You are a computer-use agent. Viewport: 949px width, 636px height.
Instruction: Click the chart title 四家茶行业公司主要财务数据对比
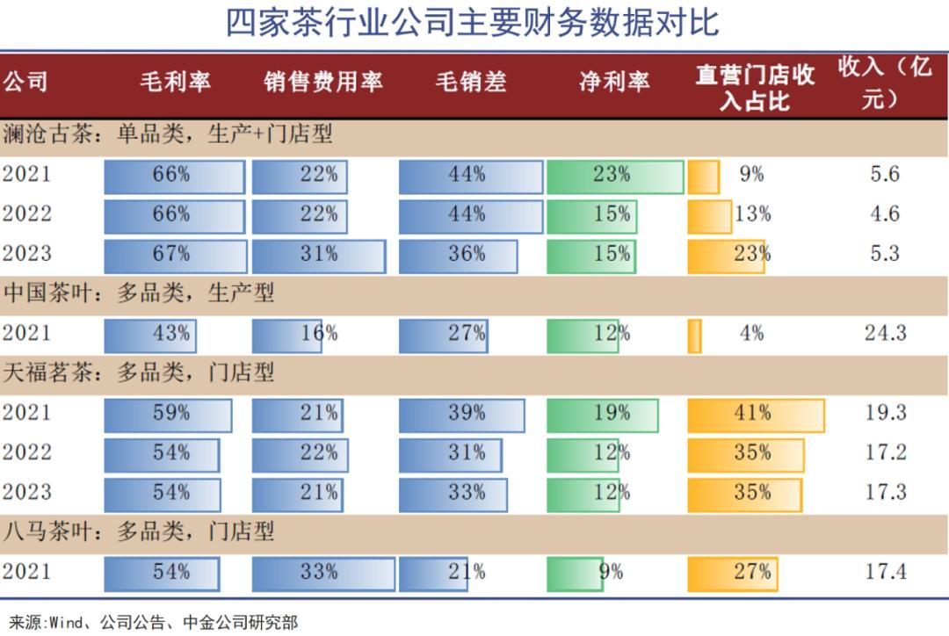[x=473, y=23]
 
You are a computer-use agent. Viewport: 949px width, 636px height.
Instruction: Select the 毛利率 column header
[x=176, y=82]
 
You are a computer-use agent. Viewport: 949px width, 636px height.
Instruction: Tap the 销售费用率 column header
[x=323, y=82]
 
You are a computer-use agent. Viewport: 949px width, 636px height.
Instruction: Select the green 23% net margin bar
[x=614, y=175]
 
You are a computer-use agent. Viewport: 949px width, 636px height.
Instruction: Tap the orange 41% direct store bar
[x=755, y=413]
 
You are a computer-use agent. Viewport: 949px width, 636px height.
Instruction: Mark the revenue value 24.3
[x=885, y=334]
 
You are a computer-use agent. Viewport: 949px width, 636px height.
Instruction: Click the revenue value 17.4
[x=885, y=572]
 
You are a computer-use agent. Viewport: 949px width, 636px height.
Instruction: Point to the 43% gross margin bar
[x=150, y=334]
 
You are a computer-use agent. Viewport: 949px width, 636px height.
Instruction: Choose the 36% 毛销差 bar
[x=458, y=254]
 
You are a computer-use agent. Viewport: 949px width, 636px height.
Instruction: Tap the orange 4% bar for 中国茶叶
[x=694, y=335]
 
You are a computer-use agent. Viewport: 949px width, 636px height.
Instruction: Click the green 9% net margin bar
[x=575, y=572]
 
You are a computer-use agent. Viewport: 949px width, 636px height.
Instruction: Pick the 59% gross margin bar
[x=168, y=413]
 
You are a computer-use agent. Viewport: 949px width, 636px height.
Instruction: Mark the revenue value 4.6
[x=885, y=214]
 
